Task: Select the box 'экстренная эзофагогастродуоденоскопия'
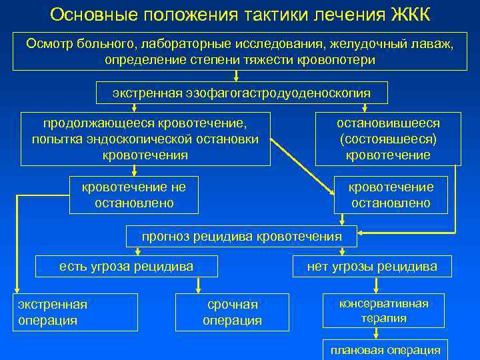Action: (241, 93)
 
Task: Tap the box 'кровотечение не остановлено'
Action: (134, 195)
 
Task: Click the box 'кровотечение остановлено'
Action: (391, 195)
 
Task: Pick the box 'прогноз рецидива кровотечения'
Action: (241, 236)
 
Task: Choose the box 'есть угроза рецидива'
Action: (127, 267)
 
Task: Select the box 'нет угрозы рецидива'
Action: (372, 267)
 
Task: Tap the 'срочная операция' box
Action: (232, 312)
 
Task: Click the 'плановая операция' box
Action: (385, 350)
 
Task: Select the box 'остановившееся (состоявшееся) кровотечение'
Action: (388, 139)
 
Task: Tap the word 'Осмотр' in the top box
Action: (49, 43)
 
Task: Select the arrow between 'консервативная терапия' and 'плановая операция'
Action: (385, 334)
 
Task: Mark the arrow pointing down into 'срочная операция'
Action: (197, 285)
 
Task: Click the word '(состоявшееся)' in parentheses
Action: (388, 139)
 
